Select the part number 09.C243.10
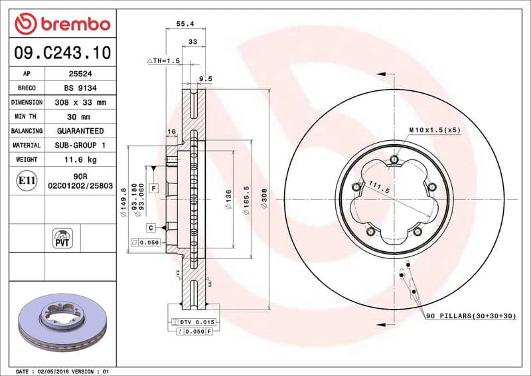tap(62, 52)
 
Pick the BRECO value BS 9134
tap(76, 88)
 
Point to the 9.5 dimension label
tap(206, 78)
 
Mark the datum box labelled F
tap(154, 189)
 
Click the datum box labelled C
tap(151, 227)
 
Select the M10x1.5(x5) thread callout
tap(434, 130)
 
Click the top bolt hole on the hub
tap(395, 159)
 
